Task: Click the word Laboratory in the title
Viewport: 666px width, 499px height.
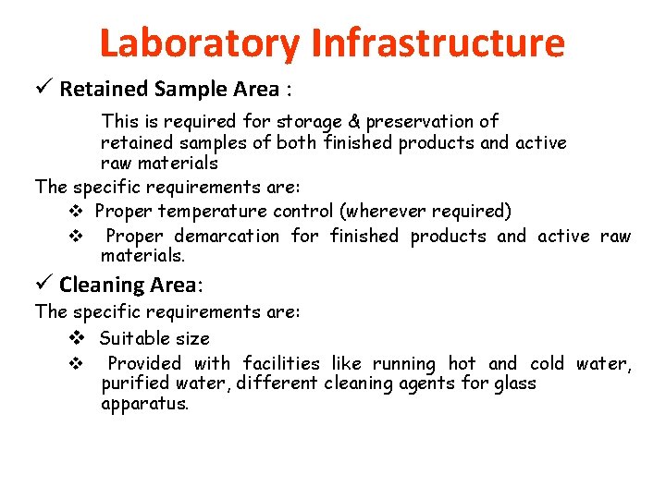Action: [199, 43]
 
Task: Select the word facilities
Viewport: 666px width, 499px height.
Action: [280, 364]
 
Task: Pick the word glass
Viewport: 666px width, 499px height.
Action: [512, 383]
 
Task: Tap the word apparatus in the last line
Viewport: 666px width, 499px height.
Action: [144, 405]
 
